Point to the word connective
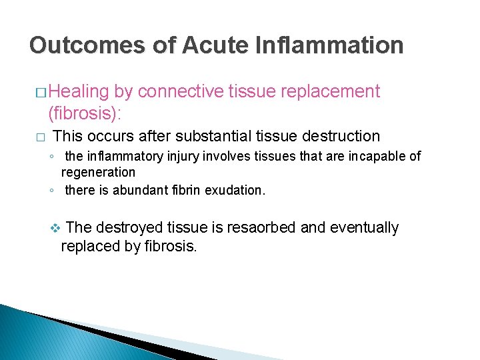pyautogui.click(x=182, y=91)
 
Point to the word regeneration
pyautogui.click(x=98, y=172)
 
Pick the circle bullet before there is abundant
pyautogui.click(x=51, y=191)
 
